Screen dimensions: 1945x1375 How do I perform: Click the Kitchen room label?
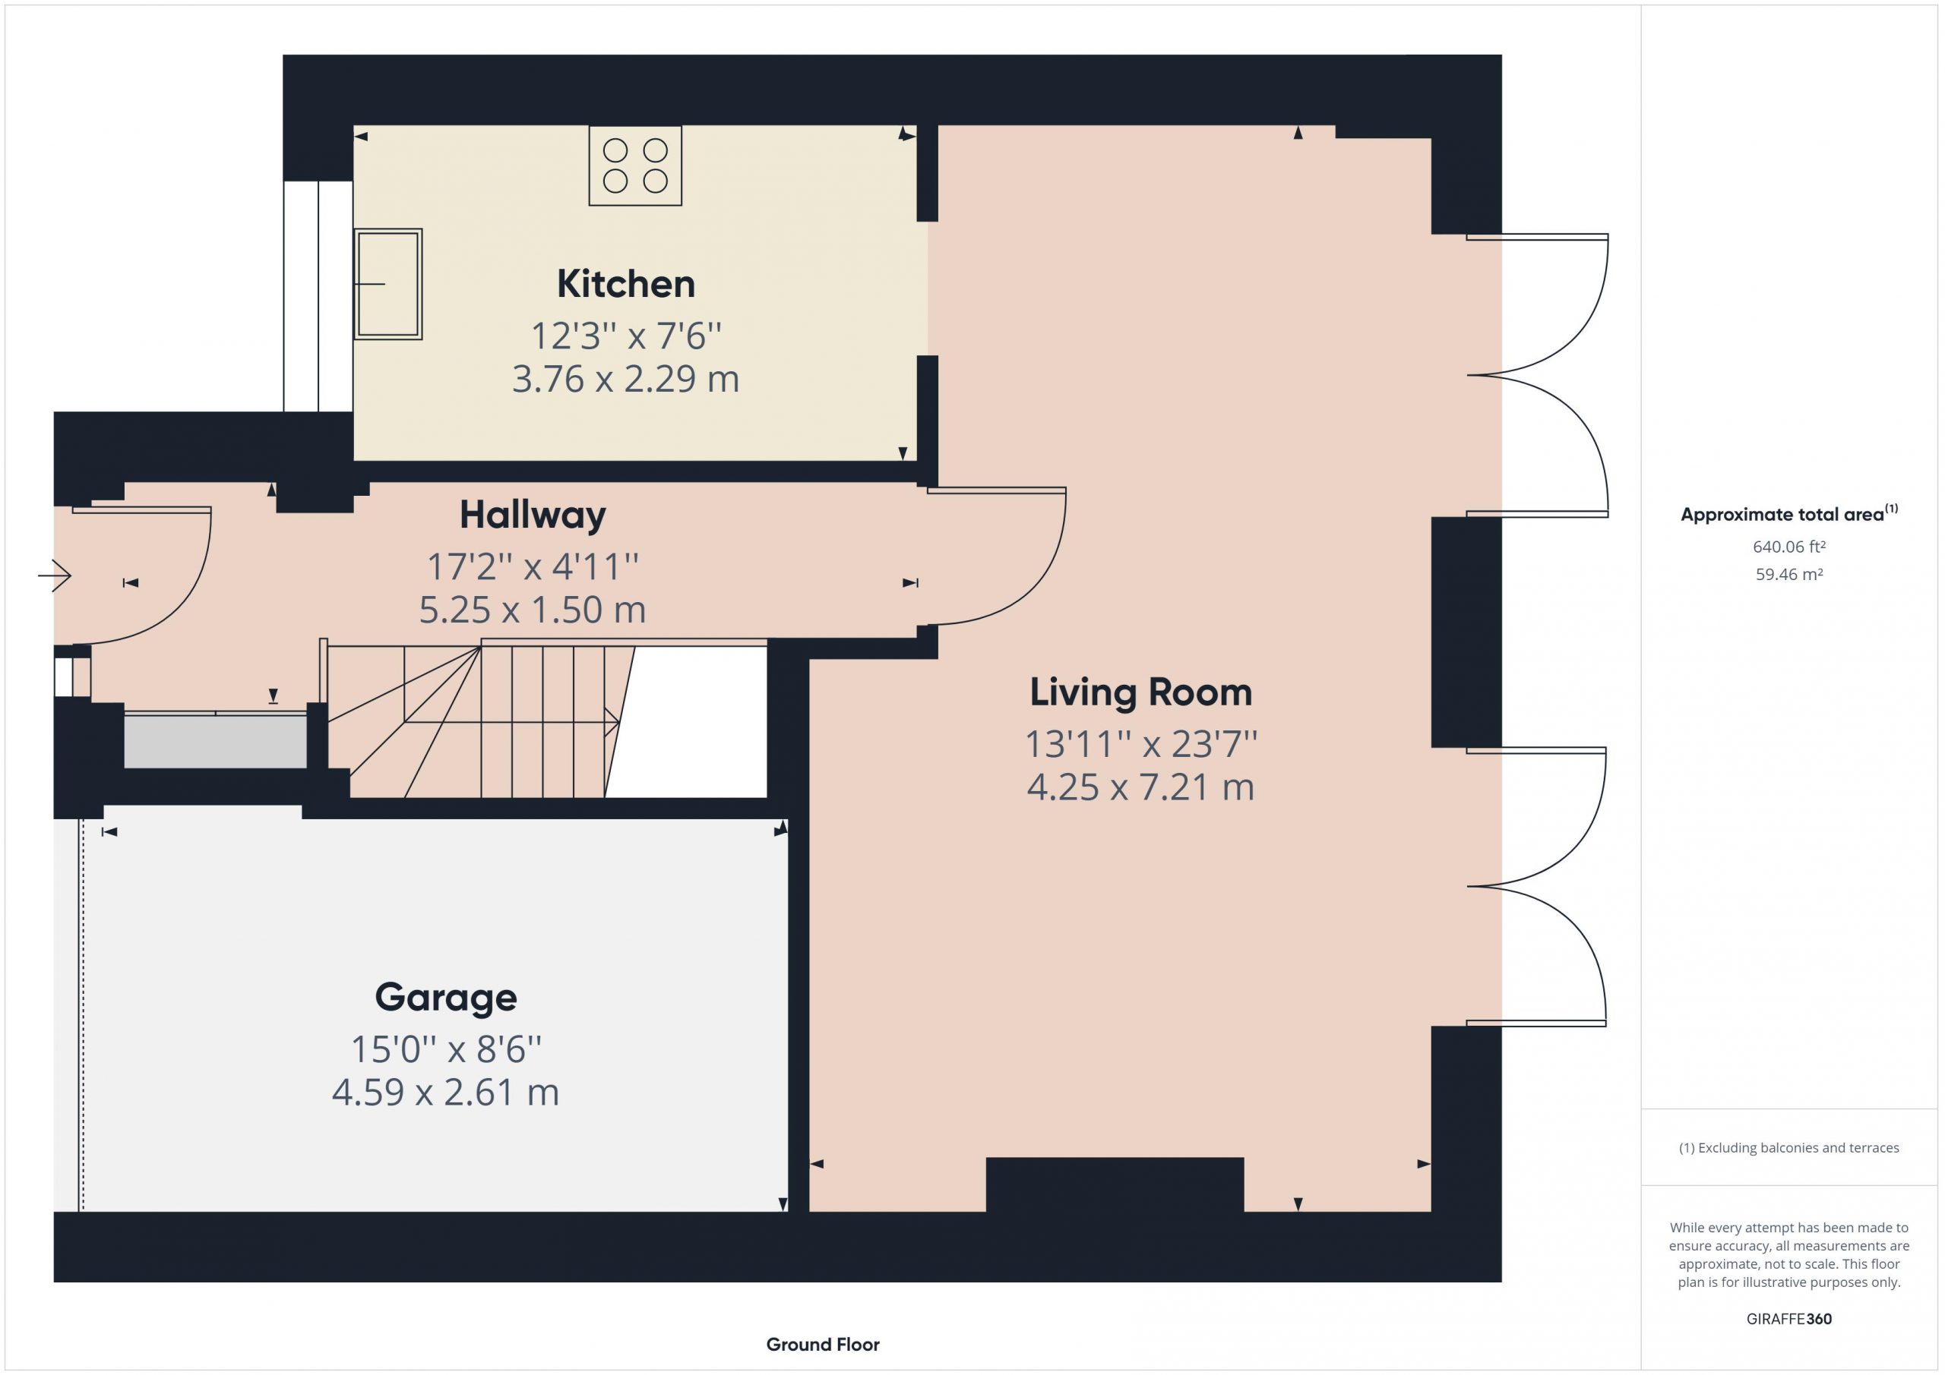[x=626, y=284]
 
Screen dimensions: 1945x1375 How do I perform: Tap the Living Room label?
[x=1140, y=693]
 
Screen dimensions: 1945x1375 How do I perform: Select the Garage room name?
[x=445, y=998]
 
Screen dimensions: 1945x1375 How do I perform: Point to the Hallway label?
[x=533, y=515]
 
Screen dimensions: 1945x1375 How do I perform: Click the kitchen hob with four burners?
[x=635, y=166]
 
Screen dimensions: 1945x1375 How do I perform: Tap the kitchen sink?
[x=388, y=285]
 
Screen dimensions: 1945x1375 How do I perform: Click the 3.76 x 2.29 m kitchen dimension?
[x=626, y=378]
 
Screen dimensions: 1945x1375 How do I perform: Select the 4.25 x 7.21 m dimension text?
[x=1140, y=787]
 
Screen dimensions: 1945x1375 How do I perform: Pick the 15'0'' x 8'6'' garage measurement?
[x=445, y=1050]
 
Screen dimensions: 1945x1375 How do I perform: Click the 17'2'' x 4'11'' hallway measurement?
[x=533, y=566]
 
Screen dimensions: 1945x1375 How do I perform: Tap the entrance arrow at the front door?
[x=55, y=576]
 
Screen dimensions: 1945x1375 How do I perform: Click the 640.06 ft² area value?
[x=1789, y=547]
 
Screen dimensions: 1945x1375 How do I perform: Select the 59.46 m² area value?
[x=1789, y=574]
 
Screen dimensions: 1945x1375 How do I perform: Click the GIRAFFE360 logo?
[x=1789, y=1318]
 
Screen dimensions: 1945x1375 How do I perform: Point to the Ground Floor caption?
[x=823, y=1344]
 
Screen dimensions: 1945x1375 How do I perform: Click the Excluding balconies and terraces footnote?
[x=1789, y=1147]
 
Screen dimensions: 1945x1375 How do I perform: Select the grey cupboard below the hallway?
[x=215, y=741]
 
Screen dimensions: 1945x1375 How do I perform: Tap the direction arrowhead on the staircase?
[x=612, y=721]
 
